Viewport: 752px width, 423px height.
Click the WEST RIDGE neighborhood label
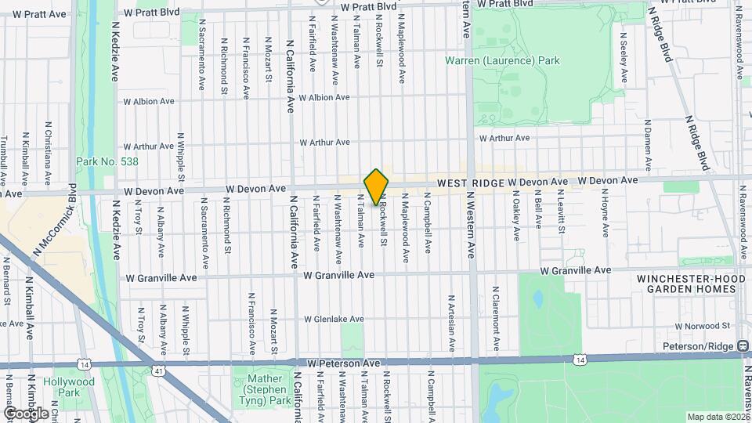[x=469, y=183]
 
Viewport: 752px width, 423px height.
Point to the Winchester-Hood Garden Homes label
[x=686, y=284]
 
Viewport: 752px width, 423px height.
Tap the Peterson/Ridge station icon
[x=743, y=346]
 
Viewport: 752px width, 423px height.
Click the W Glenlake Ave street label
[x=334, y=319]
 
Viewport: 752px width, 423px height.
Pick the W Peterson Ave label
[x=344, y=363]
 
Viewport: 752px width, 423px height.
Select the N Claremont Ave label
[x=496, y=316]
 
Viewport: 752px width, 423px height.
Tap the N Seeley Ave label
[x=624, y=57]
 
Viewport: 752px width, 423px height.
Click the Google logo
[x=26, y=413]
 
